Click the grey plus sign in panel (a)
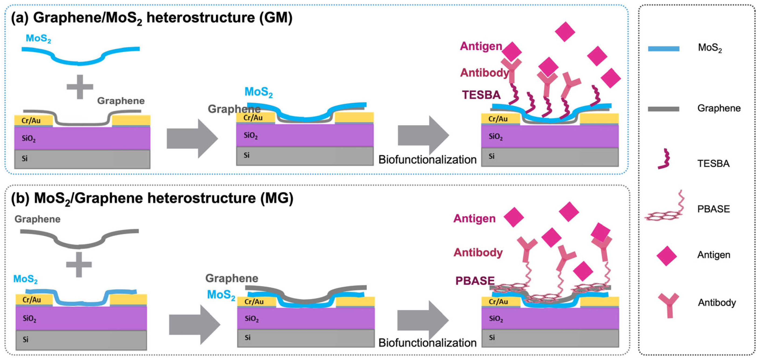[x=80, y=87]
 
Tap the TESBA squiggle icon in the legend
[x=664, y=159]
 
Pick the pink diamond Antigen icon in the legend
[x=666, y=255]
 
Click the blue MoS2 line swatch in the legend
[x=663, y=49]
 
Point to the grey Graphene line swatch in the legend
[x=663, y=109]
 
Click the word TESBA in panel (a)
[x=481, y=95]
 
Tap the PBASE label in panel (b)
[x=475, y=281]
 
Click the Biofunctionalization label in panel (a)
[x=427, y=160]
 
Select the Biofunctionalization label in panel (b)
[x=427, y=343]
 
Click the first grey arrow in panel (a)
[x=192, y=138]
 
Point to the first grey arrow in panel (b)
[x=195, y=325]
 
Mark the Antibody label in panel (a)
[x=485, y=73]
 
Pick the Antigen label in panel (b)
[x=474, y=219]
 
